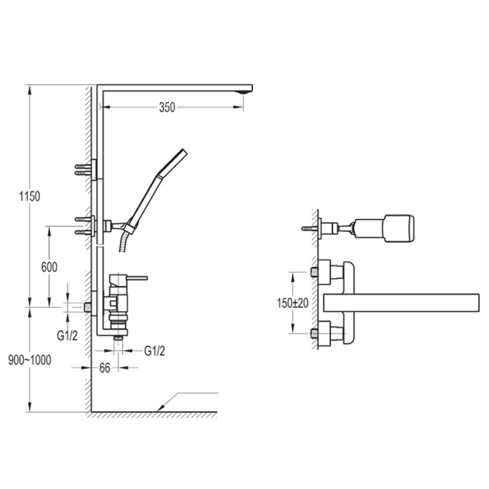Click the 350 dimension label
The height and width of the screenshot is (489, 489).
pos(167,108)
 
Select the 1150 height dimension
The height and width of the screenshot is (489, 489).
pos(29,196)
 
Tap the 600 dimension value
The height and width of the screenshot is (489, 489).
pos(50,267)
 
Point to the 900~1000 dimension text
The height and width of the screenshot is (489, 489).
pos(29,360)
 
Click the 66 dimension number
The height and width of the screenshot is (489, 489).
pos(105,368)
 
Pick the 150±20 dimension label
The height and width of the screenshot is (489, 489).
pos(293,303)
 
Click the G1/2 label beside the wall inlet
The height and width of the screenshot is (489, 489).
pos(67,336)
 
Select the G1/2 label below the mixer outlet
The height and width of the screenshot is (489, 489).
pos(155,351)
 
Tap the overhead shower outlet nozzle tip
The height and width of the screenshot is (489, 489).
pos(245,92)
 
